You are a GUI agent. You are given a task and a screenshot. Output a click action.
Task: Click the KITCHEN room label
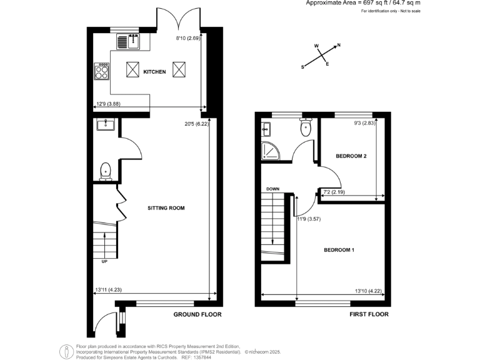pyautogui.click(x=154, y=72)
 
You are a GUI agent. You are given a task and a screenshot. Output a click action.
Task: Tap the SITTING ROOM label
pyautogui.click(x=166, y=207)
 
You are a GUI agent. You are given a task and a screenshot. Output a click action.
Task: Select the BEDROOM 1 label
pyautogui.click(x=339, y=250)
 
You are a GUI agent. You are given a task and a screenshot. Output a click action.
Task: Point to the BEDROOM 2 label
pyautogui.click(x=351, y=156)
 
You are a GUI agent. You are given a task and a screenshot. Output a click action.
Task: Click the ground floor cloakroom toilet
pyautogui.click(x=105, y=169)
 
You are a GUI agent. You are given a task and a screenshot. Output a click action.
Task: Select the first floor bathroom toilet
pyautogui.click(x=306, y=128)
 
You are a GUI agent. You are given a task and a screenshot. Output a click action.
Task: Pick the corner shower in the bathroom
pyautogui.click(x=271, y=152)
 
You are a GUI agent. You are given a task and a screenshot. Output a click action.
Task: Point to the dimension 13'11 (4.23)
pyautogui.click(x=107, y=289)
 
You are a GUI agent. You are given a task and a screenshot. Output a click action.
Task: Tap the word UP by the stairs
pyautogui.click(x=104, y=261)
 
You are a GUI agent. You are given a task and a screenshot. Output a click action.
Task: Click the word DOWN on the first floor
pyautogui.click(x=272, y=189)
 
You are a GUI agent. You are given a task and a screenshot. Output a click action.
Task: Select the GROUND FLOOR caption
pyautogui.click(x=197, y=314)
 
